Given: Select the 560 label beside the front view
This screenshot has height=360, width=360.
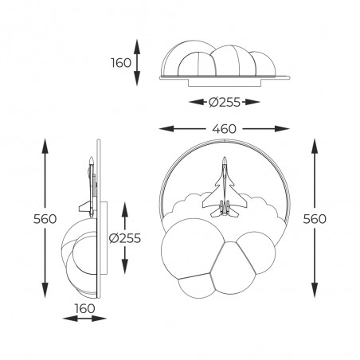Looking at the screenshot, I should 316,218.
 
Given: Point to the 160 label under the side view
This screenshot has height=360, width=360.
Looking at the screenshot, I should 85,308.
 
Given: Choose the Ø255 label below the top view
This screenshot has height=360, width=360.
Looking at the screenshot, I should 225,101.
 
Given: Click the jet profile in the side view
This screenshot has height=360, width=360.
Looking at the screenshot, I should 90,187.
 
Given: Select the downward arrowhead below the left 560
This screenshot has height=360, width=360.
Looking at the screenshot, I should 43,290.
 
